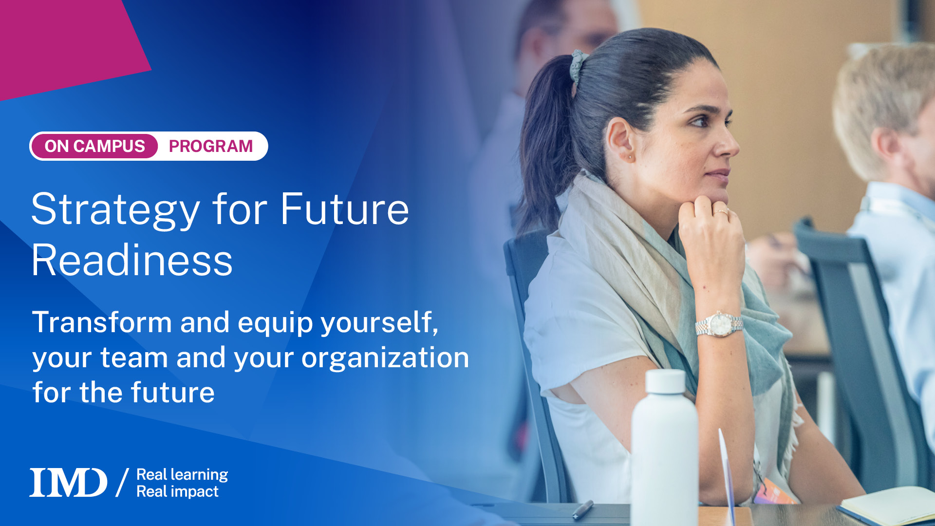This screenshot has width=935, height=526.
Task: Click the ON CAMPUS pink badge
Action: tap(94, 146)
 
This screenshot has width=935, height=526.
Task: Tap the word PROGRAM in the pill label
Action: tap(210, 146)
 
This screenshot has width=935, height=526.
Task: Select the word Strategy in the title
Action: tap(115, 210)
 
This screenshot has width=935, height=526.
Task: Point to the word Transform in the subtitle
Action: tap(102, 322)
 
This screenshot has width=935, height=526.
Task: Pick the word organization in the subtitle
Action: tap(385, 358)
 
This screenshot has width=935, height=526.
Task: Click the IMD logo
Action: tap(68, 483)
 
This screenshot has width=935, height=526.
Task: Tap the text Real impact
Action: tap(177, 491)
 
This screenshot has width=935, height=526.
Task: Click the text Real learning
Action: tap(182, 474)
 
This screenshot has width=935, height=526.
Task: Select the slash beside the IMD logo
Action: tap(122, 482)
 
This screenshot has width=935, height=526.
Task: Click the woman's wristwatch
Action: tap(719, 324)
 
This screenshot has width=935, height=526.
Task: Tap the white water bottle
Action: tap(664, 453)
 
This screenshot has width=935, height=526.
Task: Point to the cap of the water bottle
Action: tap(665, 381)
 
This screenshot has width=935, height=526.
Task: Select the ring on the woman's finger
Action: tap(721, 212)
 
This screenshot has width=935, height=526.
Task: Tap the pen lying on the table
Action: tap(583, 509)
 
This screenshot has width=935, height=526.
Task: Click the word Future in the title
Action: tap(344, 210)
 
